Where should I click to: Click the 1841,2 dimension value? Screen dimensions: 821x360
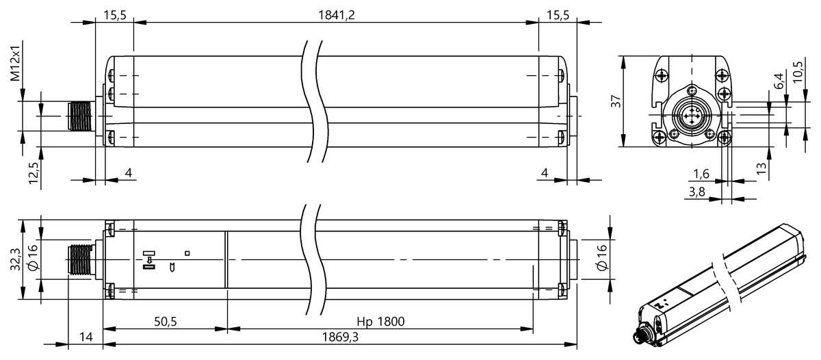336,15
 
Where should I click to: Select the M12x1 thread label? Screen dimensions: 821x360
15,63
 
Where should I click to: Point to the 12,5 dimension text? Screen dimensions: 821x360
34,172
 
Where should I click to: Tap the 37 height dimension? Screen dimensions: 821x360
616,101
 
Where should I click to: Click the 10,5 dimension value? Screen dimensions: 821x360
797,72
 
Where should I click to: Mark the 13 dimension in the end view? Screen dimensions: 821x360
761,168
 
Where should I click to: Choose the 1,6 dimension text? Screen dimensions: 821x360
701,174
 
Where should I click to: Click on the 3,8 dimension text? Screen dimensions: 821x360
696,192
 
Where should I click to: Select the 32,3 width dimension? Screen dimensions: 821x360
15,259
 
